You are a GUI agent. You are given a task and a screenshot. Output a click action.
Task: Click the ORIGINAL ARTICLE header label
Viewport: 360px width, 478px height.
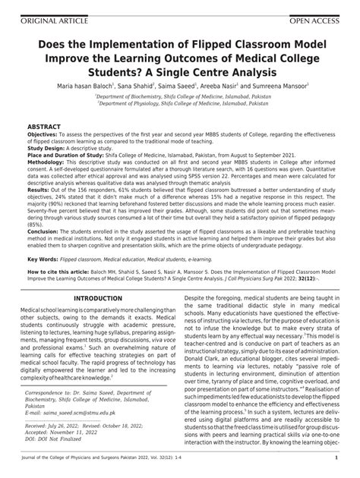[x=39, y=7]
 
